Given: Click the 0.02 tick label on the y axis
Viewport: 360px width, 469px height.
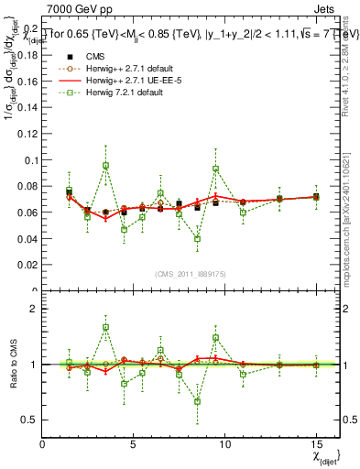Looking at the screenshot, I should coord(27,267).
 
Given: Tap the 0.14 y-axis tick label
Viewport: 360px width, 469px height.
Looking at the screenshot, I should coord(27,107).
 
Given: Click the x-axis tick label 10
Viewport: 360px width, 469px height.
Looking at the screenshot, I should coord(224,443).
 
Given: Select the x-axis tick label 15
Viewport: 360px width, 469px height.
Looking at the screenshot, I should coord(315,443).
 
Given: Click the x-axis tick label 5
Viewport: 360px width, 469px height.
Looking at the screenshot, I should coord(134,443).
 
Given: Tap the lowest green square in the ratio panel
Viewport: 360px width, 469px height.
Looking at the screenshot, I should coord(197,401).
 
